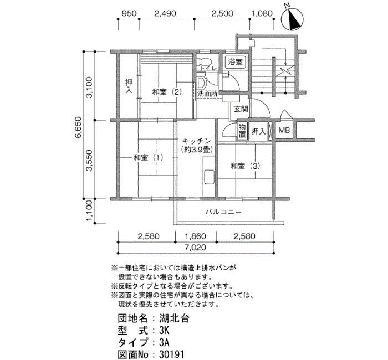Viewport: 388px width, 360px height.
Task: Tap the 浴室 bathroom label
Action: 235,61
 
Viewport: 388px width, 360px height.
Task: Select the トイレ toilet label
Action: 208,68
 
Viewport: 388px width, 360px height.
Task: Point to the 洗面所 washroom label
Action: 207,94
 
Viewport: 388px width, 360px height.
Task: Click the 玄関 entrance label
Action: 241,109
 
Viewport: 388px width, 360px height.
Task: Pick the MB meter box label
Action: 284,130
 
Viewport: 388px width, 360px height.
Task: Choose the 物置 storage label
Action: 242,130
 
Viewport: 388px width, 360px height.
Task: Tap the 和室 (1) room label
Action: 149,157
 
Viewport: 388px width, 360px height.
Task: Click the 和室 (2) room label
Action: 167,92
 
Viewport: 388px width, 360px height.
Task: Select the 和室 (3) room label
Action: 245,166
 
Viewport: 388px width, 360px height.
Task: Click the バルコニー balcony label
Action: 223,212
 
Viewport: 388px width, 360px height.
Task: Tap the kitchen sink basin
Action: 209,177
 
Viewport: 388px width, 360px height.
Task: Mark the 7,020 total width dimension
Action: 196,247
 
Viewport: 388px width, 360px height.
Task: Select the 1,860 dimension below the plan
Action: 196,236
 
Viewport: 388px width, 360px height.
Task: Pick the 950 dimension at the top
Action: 129,13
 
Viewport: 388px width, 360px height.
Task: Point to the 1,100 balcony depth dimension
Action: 89,211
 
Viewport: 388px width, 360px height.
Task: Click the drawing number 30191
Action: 172,354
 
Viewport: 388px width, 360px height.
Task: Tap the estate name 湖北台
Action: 174,318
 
